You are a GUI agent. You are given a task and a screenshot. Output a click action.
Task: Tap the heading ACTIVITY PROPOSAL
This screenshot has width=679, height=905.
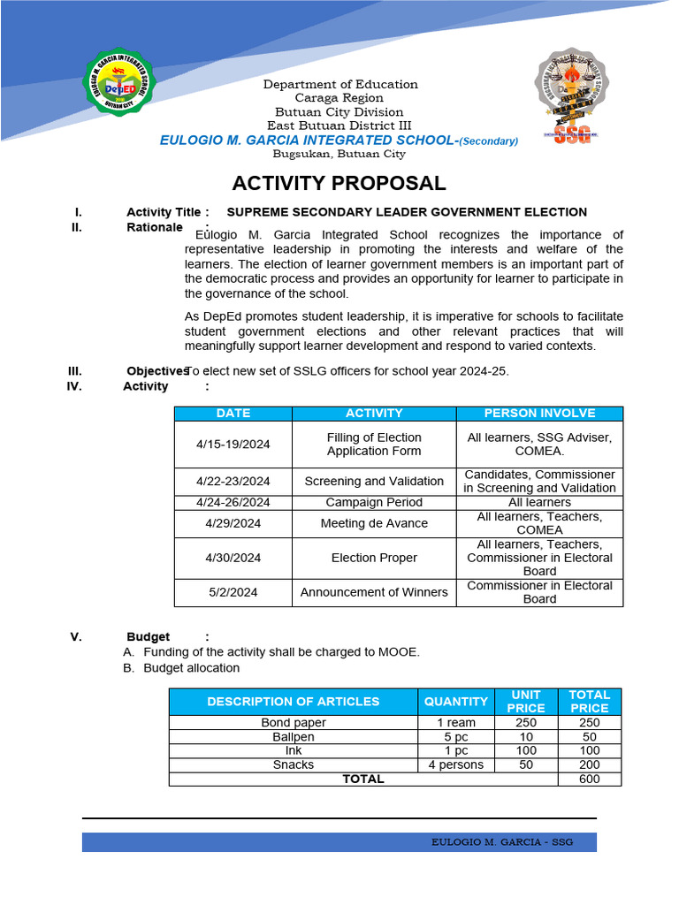pyautogui.click(x=339, y=184)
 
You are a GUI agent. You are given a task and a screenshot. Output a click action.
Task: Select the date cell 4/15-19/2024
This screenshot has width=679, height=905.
pyautogui.click(x=233, y=445)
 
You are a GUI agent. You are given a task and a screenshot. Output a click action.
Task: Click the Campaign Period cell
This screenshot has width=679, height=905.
pyautogui.click(x=374, y=502)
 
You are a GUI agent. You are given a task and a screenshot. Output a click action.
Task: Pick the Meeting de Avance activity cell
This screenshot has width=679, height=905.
pyautogui.click(x=374, y=523)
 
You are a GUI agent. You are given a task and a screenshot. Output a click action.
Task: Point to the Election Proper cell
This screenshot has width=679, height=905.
pyautogui.click(x=374, y=558)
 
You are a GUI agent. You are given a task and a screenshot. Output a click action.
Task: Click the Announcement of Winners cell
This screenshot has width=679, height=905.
pyautogui.click(x=374, y=592)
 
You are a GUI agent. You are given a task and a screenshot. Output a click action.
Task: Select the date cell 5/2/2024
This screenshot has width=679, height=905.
pyautogui.click(x=233, y=592)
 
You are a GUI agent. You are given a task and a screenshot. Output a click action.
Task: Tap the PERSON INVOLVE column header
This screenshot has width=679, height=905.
pyautogui.click(x=539, y=413)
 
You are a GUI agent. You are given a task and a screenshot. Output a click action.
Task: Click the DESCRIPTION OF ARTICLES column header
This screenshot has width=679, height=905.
pyautogui.click(x=293, y=702)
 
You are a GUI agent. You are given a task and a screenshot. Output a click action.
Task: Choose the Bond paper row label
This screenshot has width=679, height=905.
pyautogui.click(x=293, y=723)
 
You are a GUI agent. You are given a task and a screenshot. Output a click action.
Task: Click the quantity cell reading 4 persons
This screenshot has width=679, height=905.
pyautogui.click(x=455, y=764)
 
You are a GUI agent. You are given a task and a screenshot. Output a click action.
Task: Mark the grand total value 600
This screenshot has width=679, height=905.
pyautogui.click(x=589, y=779)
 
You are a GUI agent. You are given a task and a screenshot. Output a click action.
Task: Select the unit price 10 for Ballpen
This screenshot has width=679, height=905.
pyautogui.click(x=526, y=737)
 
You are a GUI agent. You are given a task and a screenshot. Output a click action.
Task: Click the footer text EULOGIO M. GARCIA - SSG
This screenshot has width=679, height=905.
pyautogui.click(x=501, y=842)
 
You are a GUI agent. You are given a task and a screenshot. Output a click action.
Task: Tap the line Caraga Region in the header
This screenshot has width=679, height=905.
pyautogui.click(x=339, y=98)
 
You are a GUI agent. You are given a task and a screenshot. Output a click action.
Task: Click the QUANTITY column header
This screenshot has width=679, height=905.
pyautogui.click(x=455, y=702)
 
